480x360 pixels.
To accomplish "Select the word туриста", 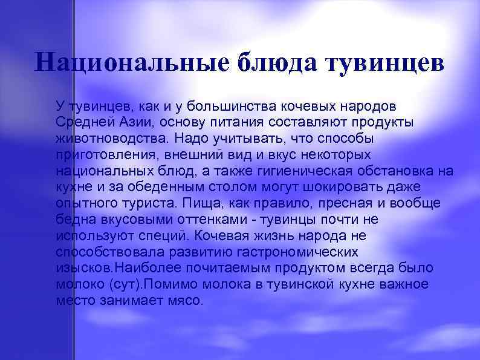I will click(x=154, y=203).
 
